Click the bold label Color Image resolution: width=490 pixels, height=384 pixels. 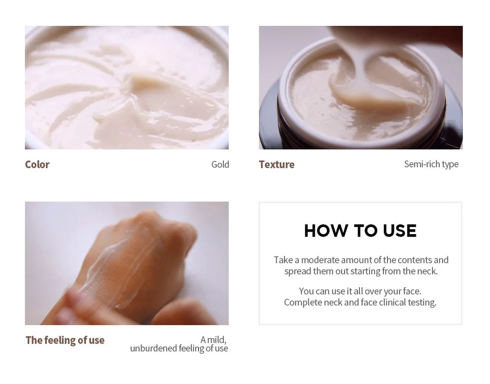tap(37, 165)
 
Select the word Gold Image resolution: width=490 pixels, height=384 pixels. tap(220, 165)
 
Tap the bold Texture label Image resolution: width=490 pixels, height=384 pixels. tap(277, 165)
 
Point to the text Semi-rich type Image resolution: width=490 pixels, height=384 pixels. tap(431, 164)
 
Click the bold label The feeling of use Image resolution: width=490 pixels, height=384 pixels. tap(65, 340)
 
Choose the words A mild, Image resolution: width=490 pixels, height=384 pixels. tap(213, 339)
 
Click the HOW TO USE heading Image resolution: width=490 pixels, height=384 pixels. tap(360, 231)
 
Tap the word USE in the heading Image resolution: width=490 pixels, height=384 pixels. tap(400, 231)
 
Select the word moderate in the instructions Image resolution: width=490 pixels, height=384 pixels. tap(320, 260)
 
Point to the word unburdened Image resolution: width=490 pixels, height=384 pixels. tap(154, 349)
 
